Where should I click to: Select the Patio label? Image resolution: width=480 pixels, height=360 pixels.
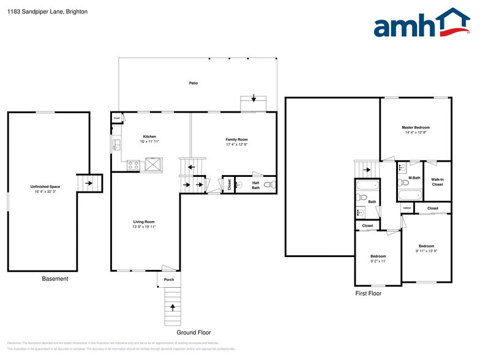(x=193, y=83)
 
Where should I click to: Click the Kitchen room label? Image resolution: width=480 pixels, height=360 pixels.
(x=149, y=137)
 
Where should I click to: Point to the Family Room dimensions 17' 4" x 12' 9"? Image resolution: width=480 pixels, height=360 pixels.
(x=236, y=144)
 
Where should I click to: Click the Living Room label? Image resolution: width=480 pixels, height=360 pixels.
(x=144, y=222)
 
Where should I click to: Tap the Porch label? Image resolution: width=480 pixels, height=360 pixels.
(x=169, y=280)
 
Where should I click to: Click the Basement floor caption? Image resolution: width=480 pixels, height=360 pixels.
(x=55, y=279)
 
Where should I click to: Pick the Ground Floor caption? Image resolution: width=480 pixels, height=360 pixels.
(x=194, y=332)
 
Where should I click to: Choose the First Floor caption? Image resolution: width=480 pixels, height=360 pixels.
(x=369, y=294)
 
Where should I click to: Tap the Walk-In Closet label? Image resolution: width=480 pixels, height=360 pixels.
(x=437, y=181)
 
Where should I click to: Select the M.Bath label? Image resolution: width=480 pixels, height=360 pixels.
(x=414, y=178)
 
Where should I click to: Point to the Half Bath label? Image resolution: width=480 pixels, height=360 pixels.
(x=256, y=185)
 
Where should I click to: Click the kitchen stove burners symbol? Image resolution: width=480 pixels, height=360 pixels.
(x=133, y=164)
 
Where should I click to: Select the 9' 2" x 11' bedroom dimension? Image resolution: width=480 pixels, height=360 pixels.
(x=378, y=261)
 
